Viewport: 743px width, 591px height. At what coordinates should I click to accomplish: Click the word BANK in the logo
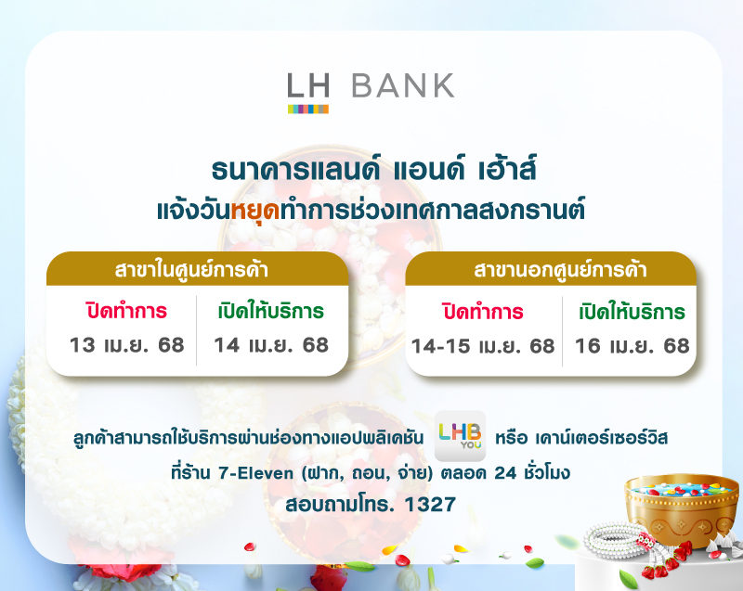pyautogui.click(x=403, y=85)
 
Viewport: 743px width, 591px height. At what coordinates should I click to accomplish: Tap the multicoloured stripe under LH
pyautogui.click(x=307, y=109)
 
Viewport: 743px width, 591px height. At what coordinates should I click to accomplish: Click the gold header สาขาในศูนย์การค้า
pyautogui.click(x=198, y=271)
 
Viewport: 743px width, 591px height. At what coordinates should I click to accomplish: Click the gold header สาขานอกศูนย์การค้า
pyautogui.click(x=551, y=271)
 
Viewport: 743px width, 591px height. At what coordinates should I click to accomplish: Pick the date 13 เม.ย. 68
pyautogui.click(x=127, y=345)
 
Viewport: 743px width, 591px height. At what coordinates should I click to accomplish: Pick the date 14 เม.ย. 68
pyautogui.click(x=271, y=345)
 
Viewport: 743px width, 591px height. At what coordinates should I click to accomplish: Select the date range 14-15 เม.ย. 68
pyautogui.click(x=483, y=346)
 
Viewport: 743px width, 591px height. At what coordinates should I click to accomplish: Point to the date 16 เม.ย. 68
pyautogui.click(x=632, y=346)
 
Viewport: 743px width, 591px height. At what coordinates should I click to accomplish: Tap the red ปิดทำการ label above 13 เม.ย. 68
pyautogui.click(x=127, y=311)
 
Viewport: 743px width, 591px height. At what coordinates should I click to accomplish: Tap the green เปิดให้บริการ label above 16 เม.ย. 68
pyautogui.click(x=632, y=311)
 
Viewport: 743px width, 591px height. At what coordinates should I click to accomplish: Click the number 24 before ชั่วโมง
pyautogui.click(x=489, y=473)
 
